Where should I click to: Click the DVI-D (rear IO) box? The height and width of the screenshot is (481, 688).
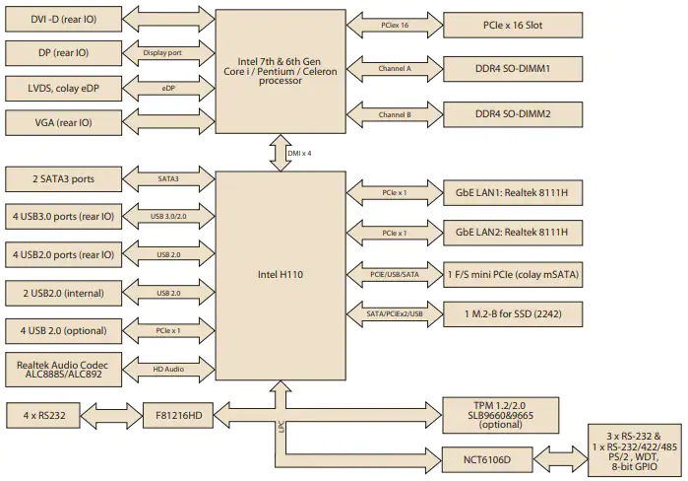(64, 19)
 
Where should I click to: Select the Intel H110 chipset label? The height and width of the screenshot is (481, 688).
(281, 275)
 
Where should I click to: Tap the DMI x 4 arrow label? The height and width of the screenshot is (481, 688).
(299, 154)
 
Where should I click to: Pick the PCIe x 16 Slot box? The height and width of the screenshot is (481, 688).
(513, 25)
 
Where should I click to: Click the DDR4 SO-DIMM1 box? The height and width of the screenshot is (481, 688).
(513, 69)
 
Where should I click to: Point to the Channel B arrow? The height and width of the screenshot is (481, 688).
(395, 114)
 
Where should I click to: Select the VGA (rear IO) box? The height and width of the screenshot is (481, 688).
(64, 122)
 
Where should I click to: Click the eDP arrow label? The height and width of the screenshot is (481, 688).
(168, 89)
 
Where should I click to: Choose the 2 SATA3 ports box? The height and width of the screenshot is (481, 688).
(64, 179)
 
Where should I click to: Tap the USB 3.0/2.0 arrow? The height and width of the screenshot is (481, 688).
(168, 216)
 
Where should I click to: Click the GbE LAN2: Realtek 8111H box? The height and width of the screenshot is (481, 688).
(513, 233)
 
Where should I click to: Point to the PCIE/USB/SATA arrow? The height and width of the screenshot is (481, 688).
(395, 275)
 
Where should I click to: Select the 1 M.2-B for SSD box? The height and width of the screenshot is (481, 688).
(513, 314)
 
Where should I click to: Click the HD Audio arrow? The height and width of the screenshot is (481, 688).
(168, 369)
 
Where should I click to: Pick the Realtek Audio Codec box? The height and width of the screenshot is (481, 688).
(64, 370)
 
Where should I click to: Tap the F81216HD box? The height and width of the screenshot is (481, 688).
(178, 415)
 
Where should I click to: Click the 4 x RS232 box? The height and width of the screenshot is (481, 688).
(43, 415)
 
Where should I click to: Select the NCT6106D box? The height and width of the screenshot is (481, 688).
(487, 460)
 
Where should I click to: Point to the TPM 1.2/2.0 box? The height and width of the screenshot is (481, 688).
(501, 415)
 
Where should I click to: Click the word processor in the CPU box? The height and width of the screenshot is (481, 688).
(281, 81)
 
